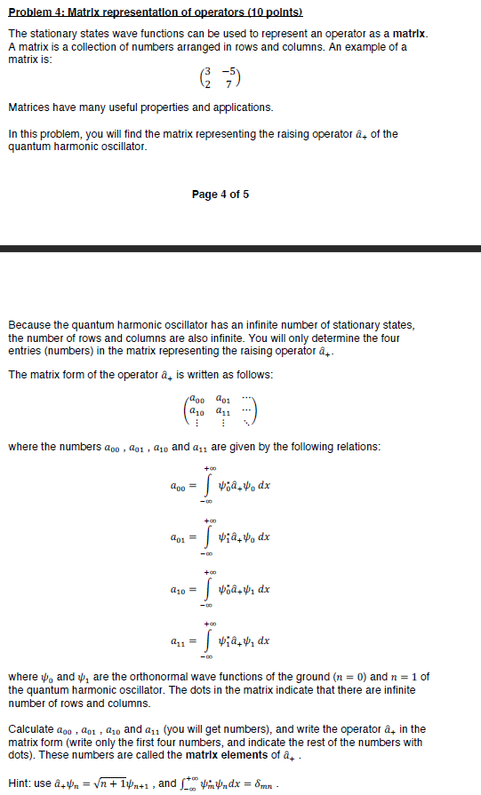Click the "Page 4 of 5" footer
pos(220,195)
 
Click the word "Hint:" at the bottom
pos(20,782)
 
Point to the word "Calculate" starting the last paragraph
pos(29,730)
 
